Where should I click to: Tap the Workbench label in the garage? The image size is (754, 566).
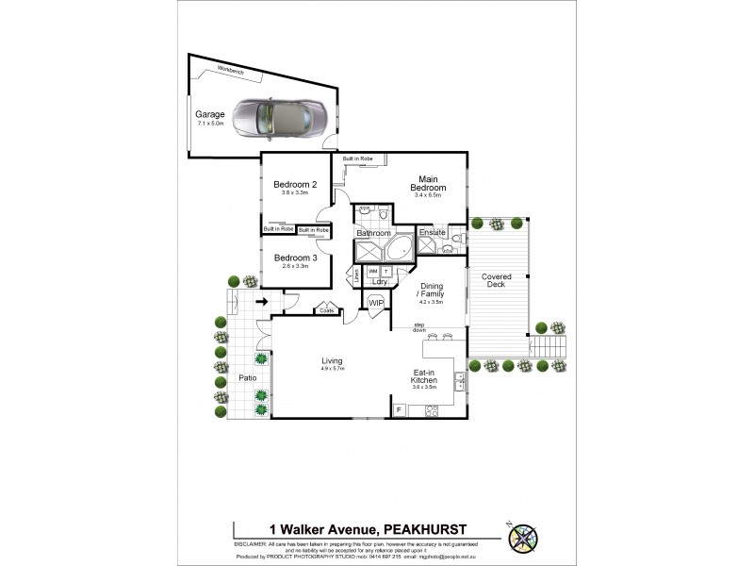(x=231, y=71)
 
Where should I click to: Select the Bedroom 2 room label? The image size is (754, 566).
(x=293, y=184)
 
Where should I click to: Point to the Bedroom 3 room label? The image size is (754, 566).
(x=294, y=257)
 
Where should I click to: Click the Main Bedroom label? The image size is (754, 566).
(x=428, y=183)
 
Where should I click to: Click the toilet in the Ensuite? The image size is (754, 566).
(x=453, y=238)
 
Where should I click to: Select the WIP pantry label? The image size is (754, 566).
(x=375, y=302)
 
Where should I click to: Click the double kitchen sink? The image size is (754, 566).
(x=459, y=381)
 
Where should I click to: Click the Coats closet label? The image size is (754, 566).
(x=327, y=309)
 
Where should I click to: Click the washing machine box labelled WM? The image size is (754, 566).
(x=371, y=271)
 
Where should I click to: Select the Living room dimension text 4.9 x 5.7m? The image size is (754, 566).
(x=332, y=369)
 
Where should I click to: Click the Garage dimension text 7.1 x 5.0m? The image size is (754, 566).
(x=209, y=124)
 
